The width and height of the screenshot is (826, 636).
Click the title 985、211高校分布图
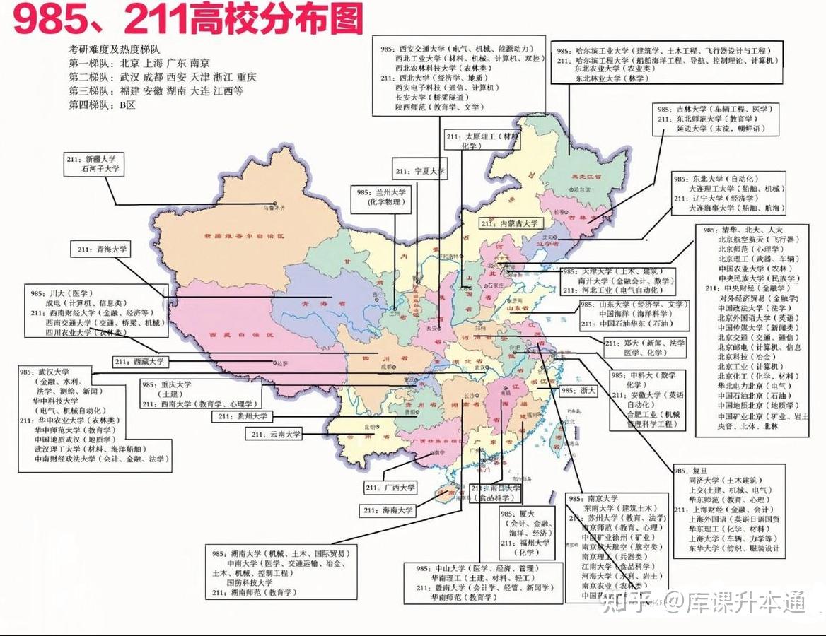click(x=188, y=19)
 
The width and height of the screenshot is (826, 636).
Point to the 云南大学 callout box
click(x=273, y=435)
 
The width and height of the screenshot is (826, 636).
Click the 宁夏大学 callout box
click(x=420, y=171)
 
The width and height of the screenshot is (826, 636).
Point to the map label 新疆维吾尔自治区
click(x=243, y=235)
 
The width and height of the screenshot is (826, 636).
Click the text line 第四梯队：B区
click(x=102, y=105)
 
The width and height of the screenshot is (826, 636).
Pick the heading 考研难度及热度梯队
click(x=117, y=49)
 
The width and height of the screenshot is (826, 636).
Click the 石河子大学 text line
click(x=100, y=170)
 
